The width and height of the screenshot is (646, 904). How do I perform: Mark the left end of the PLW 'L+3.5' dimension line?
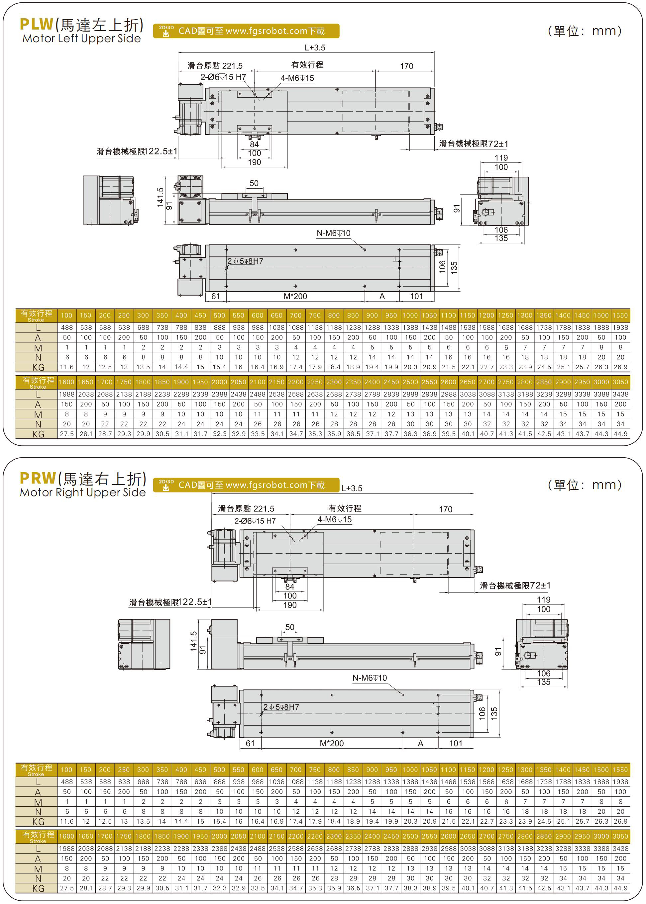coord(178,52)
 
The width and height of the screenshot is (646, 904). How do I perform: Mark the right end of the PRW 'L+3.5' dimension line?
coord(474,493)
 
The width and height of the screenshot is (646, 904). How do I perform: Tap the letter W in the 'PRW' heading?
coord(47,478)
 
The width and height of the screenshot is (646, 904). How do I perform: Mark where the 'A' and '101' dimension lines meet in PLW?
coord(399,301)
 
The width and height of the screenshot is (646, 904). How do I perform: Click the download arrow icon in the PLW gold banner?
coord(166,34)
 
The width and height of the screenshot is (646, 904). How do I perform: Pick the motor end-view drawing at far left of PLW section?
coord(110,200)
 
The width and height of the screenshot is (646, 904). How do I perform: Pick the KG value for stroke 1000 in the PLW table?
coord(410,367)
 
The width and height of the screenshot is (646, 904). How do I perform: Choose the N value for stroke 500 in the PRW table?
coord(219,811)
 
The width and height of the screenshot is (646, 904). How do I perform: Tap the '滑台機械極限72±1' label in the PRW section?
coord(515,586)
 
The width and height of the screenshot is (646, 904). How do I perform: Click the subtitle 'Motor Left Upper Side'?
coord(81,39)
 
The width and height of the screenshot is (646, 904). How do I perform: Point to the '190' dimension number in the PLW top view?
coord(254,162)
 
